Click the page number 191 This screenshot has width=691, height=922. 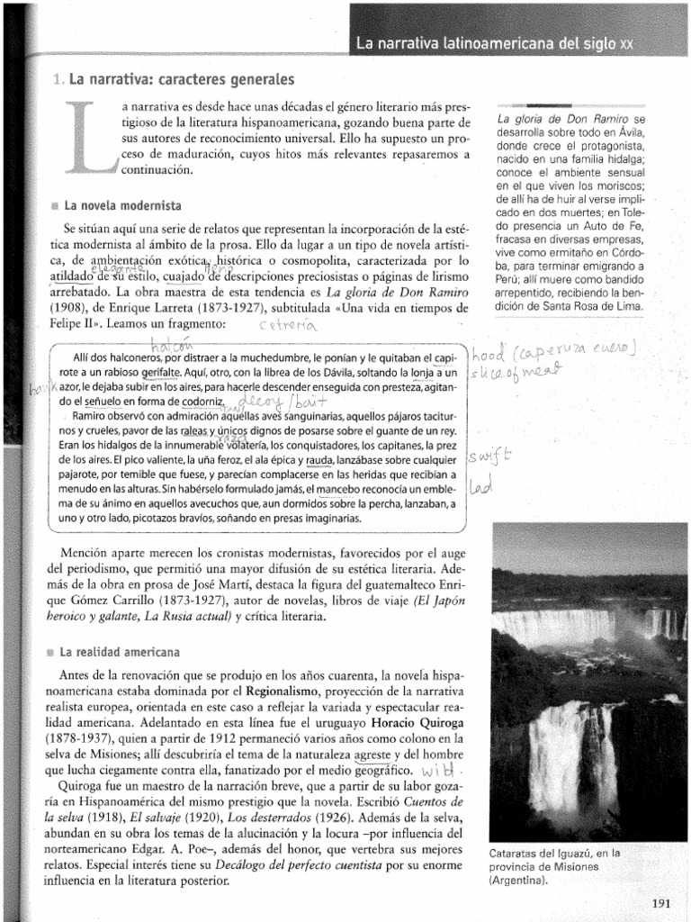point(660,905)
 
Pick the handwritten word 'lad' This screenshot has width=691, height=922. point(481,487)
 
